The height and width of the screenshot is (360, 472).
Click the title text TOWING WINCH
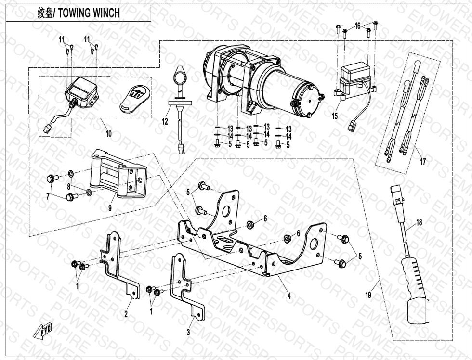(x=89, y=13)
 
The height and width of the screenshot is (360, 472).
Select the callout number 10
(x=109, y=134)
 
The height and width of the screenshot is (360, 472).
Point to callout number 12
(x=165, y=122)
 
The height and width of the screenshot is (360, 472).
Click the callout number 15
(x=335, y=116)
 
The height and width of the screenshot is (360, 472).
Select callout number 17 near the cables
(x=422, y=162)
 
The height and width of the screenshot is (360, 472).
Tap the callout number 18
(x=419, y=222)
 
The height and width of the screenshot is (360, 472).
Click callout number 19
(x=368, y=295)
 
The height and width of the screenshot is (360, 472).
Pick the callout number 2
(x=126, y=314)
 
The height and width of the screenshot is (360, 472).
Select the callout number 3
(x=188, y=332)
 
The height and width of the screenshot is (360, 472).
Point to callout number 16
(x=357, y=26)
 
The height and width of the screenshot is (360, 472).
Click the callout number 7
(x=48, y=196)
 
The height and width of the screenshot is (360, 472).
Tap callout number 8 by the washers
(x=69, y=186)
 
